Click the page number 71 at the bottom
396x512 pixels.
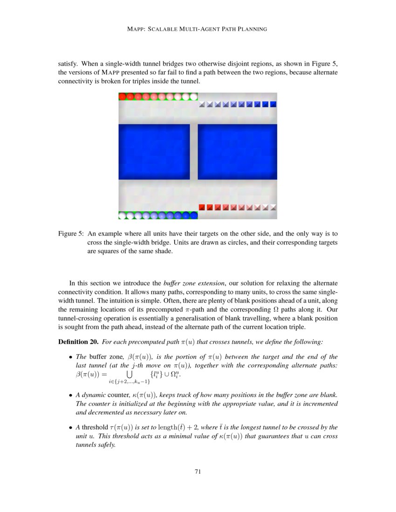click(198, 472)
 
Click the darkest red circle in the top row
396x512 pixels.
click(123, 97)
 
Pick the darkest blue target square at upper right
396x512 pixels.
click(273, 104)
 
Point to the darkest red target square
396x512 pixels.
click(202, 207)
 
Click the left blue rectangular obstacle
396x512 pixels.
click(154, 152)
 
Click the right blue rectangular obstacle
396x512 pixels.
click(237, 152)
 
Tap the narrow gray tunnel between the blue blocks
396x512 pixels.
click(194, 152)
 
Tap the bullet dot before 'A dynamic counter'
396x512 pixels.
click(70, 396)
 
